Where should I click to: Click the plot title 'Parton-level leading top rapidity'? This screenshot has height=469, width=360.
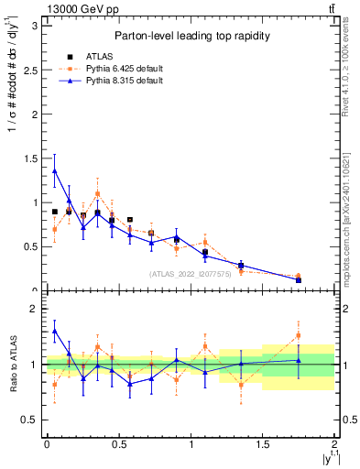(x=191, y=36)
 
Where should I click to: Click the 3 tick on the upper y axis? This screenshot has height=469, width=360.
(x=35, y=26)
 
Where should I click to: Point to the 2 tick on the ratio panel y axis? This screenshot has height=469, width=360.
(x=35, y=309)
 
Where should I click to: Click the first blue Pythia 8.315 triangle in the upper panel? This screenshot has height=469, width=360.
(x=55, y=170)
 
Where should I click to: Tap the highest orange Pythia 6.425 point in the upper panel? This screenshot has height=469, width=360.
(x=97, y=193)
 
